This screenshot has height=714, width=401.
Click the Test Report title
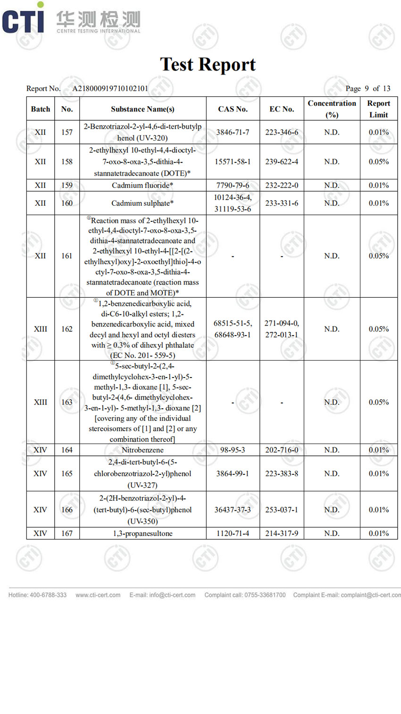click(x=208, y=65)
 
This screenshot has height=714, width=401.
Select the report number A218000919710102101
click(x=110, y=88)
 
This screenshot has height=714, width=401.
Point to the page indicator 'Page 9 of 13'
click(x=368, y=88)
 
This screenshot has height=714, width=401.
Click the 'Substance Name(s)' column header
click(x=142, y=109)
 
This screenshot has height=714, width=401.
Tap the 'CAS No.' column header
click(x=233, y=109)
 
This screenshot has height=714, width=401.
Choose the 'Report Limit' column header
click(x=378, y=109)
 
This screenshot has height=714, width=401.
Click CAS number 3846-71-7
click(x=233, y=132)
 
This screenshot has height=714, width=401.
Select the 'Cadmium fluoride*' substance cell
click(x=142, y=185)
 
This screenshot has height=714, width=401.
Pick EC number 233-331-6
click(x=281, y=203)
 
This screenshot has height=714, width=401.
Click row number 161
click(x=67, y=256)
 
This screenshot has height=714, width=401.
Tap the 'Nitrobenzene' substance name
click(x=142, y=450)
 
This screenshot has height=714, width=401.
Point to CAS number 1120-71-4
click(x=233, y=533)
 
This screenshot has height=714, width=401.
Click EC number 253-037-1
click(x=281, y=510)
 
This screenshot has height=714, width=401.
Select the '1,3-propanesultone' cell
click(x=142, y=533)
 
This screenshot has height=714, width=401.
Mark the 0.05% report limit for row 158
click(x=378, y=161)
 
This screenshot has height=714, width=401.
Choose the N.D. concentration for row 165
click(x=332, y=473)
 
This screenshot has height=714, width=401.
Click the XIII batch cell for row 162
click(x=41, y=329)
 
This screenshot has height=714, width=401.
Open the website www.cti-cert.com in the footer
click(x=98, y=595)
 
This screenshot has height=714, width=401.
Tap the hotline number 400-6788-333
click(x=48, y=595)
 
